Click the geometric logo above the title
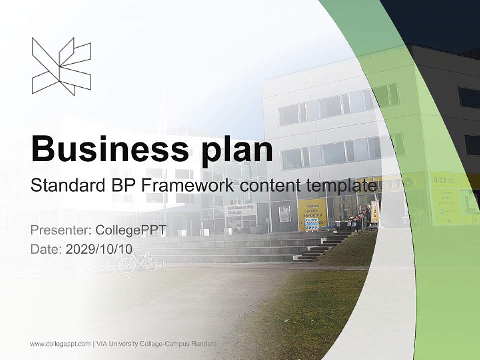click(x=61, y=66)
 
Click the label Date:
click(x=46, y=249)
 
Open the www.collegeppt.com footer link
click(x=60, y=344)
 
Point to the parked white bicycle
click(x=139, y=262)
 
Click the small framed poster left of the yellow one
click(x=285, y=214)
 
